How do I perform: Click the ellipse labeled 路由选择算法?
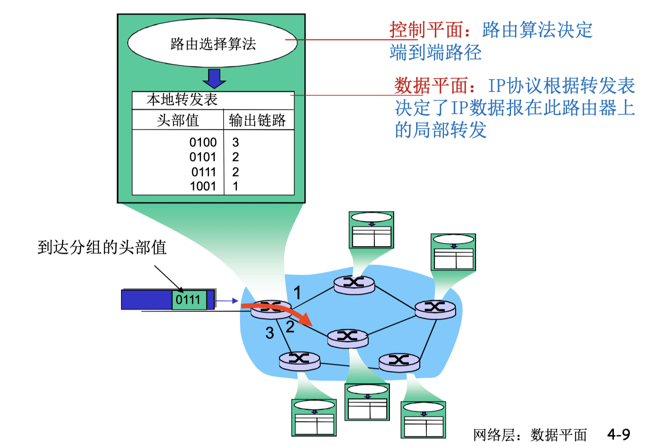pyautogui.click(x=212, y=43)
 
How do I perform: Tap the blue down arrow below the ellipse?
pyautogui.click(x=214, y=78)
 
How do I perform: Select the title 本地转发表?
pyautogui.click(x=182, y=100)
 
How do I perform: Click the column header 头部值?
pyautogui.click(x=178, y=120)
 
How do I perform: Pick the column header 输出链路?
pyautogui.click(x=257, y=120)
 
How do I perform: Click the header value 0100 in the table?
pyautogui.click(x=203, y=142)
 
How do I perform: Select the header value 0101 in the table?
pyautogui.click(x=203, y=157)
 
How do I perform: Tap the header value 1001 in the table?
pyautogui.click(x=203, y=186)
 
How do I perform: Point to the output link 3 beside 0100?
pyautogui.click(x=236, y=142)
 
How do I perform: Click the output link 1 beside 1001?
pyautogui.click(x=236, y=186)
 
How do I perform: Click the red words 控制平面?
pyautogui.click(x=426, y=30)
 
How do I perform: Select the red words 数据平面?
pyautogui.click(x=431, y=86)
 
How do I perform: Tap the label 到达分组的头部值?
pyautogui.click(x=102, y=247)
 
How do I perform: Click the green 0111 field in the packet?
pyautogui.click(x=189, y=300)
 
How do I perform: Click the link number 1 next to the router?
pyautogui.click(x=297, y=293)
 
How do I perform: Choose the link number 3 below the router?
pyautogui.click(x=270, y=333)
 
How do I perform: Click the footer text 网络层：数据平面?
pyautogui.click(x=530, y=435)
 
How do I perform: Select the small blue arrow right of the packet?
pyautogui.click(x=227, y=301)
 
